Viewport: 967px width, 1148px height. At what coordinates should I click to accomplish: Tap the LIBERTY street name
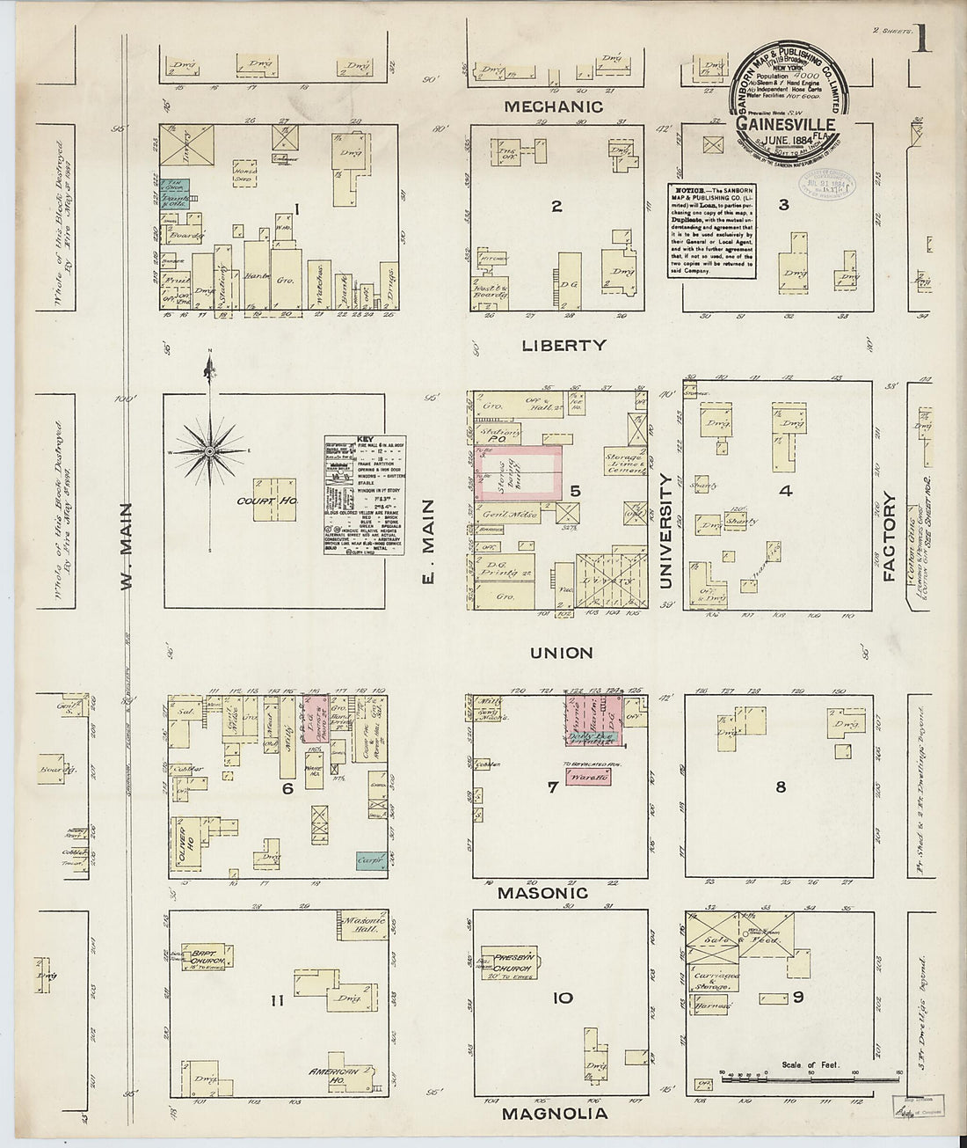563,346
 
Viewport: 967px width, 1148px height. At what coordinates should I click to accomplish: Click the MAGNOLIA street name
555,1114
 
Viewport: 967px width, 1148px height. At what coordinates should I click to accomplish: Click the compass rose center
209,451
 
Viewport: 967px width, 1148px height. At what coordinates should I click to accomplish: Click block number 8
780,786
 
